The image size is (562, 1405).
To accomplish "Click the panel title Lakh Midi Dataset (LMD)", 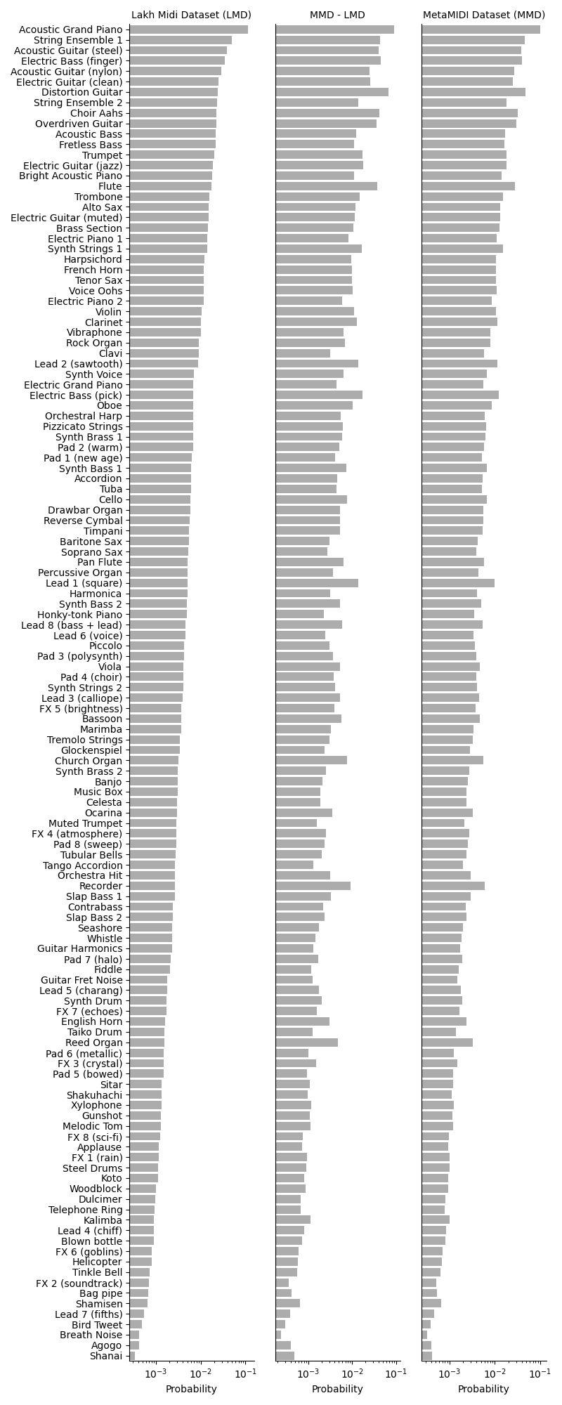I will click(191, 15).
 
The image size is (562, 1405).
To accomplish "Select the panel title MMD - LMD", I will click(337, 15).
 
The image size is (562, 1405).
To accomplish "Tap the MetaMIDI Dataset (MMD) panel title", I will click(483, 15).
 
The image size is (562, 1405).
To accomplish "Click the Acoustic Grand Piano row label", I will click(70, 30).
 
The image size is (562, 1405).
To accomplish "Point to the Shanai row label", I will click(106, 1356).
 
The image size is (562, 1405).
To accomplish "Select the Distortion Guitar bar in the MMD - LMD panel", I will click(332, 92).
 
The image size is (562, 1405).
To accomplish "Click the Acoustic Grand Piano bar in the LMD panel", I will click(188, 30).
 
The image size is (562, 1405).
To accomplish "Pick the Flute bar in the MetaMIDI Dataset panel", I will click(468, 186).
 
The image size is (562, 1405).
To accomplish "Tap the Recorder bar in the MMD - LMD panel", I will click(313, 886).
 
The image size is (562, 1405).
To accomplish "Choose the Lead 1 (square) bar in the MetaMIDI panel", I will click(458, 583).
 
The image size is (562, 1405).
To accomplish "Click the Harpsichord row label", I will click(93, 259).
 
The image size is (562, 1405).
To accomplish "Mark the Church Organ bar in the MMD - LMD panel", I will click(311, 761).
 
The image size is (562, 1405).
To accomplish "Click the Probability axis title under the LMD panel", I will click(191, 1389).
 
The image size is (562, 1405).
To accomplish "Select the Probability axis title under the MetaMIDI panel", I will click(483, 1389).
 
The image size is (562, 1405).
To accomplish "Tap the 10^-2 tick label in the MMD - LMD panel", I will click(352, 1373).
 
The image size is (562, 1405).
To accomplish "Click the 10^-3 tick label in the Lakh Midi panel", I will click(155, 1373).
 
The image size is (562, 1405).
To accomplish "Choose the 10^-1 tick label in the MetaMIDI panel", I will click(539, 1373).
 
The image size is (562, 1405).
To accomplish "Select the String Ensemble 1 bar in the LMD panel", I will click(181, 40).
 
